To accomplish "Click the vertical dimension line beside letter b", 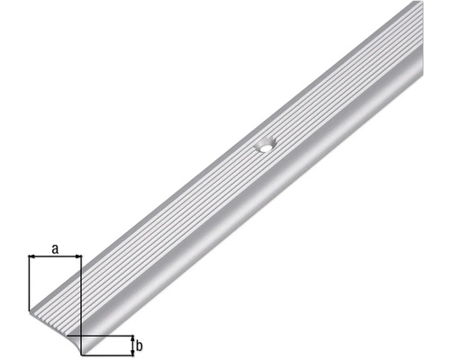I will click(x=132, y=344).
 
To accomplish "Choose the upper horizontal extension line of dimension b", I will click(x=108, y=336).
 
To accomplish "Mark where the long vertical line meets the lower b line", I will click(x=81, y=353).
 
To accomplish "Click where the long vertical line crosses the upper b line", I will click(x=81, y=336).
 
